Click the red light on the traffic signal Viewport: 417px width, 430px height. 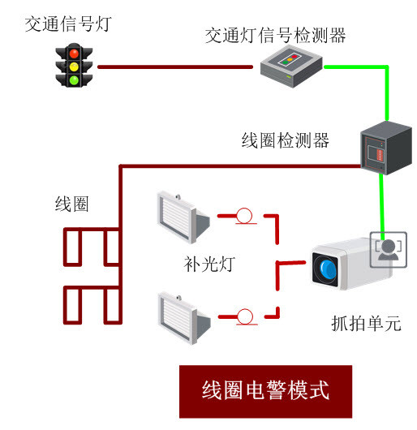coord(74,54)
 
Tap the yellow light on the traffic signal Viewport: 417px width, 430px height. coord(74,67)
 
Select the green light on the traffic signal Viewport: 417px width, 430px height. coord(74,80)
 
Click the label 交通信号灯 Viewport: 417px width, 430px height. coord(68,24)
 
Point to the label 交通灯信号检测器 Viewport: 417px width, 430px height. coord(275,36)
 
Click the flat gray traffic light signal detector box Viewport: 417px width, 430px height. coord(291,67)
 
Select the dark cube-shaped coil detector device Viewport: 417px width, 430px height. coord(386,148)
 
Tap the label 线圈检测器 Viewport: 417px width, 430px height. coord(285,140)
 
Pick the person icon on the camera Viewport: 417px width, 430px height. coord(388,250)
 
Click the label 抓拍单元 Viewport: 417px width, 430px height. coord(366,324)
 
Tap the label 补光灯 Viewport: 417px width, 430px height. coord(209,264)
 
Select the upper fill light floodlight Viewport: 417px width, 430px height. coord(183,217)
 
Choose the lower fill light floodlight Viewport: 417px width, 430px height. coord(184,319)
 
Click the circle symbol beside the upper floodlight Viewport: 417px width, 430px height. coord(244,216)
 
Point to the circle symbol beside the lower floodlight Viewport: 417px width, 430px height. coord(245,316)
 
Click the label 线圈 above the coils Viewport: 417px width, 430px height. coord(72,204)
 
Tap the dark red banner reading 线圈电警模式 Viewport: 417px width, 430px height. coord(265,392)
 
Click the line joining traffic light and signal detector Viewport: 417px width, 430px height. coord(175,67)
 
